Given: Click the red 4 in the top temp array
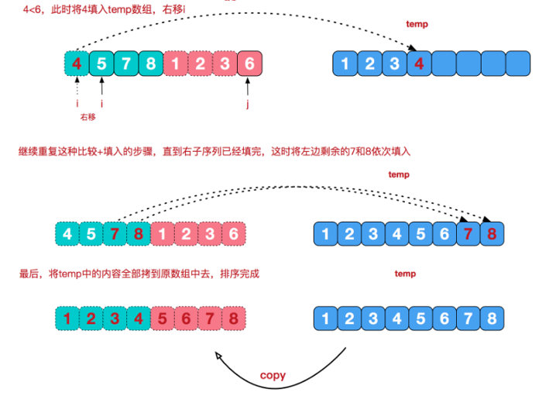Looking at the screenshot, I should (418, 64).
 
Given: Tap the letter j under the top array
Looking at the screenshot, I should (247, 103).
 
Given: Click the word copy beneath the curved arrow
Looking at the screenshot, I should (272, 375).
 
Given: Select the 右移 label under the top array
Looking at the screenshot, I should (88, 118).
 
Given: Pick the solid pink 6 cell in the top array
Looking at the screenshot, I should (247, 64).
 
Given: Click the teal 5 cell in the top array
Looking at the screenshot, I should (101, 64).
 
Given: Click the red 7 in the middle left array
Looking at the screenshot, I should (115, 232).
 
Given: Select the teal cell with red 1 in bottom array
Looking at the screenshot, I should (68, 317).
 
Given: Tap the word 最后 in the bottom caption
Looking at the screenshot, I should (27, 274).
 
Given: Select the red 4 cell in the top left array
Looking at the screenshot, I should (76, 64).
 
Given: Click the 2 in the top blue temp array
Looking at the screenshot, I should (370, 64).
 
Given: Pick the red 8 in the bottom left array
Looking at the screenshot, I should (233, 317).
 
